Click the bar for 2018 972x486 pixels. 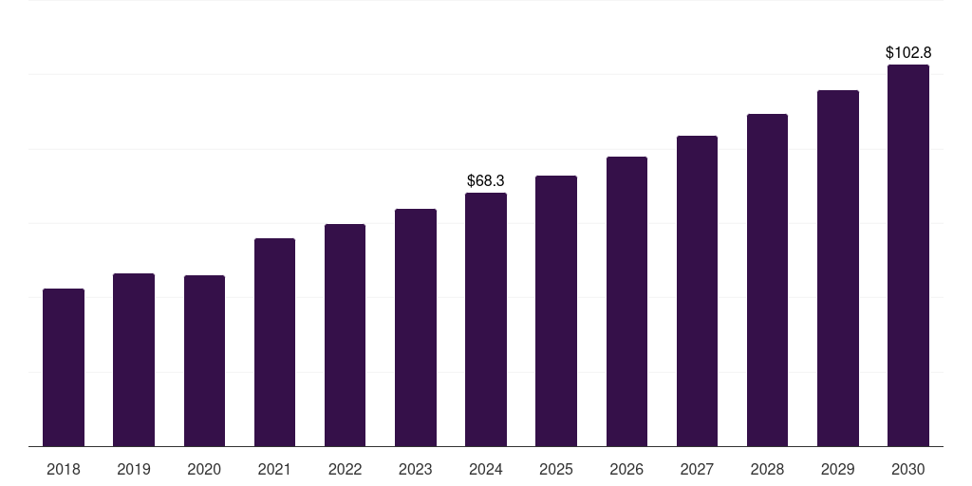point(64,367)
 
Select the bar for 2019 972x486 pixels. point(134,360)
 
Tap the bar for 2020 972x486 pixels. point(204,361)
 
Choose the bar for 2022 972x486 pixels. point(345,335)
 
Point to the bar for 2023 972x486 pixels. point(416,327)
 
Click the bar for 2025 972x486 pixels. point(556,310)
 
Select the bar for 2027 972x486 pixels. point(697,290)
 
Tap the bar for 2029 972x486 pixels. point(838,268)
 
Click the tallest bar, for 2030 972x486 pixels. point(908,255)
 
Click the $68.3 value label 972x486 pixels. point(486,180)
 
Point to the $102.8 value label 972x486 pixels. point(908,53)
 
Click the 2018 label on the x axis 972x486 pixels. point(64,469)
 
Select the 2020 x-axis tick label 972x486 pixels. point(204,469)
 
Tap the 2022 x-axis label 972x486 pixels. point(345,469)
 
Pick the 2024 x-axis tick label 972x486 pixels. point(486,469)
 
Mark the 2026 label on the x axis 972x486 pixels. point(626,469)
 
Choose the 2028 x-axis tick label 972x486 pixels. point(767,469)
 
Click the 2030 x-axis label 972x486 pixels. point(908,469)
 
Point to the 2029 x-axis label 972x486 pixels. point(838,469)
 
